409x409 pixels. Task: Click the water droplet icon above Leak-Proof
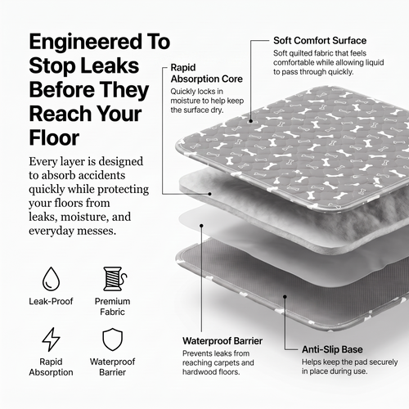point(51,278)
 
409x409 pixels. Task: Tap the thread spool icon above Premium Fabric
point(115,279)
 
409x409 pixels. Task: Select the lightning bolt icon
point(51,339)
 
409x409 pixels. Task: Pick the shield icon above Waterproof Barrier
point(112,339)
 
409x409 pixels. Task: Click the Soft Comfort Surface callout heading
point(320,41)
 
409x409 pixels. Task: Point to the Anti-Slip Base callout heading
point(332,349)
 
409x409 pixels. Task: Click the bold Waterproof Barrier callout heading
point(222,341)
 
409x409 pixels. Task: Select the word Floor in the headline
point(54,137)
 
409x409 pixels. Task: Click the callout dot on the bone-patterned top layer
point(251,121)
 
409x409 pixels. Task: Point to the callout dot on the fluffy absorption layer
point(209,194)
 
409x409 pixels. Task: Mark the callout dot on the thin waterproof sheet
point(201,226)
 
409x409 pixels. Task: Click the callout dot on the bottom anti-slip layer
point(285,297)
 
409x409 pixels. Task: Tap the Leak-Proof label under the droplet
point(51,301)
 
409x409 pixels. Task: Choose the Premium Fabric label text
point(112,307)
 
